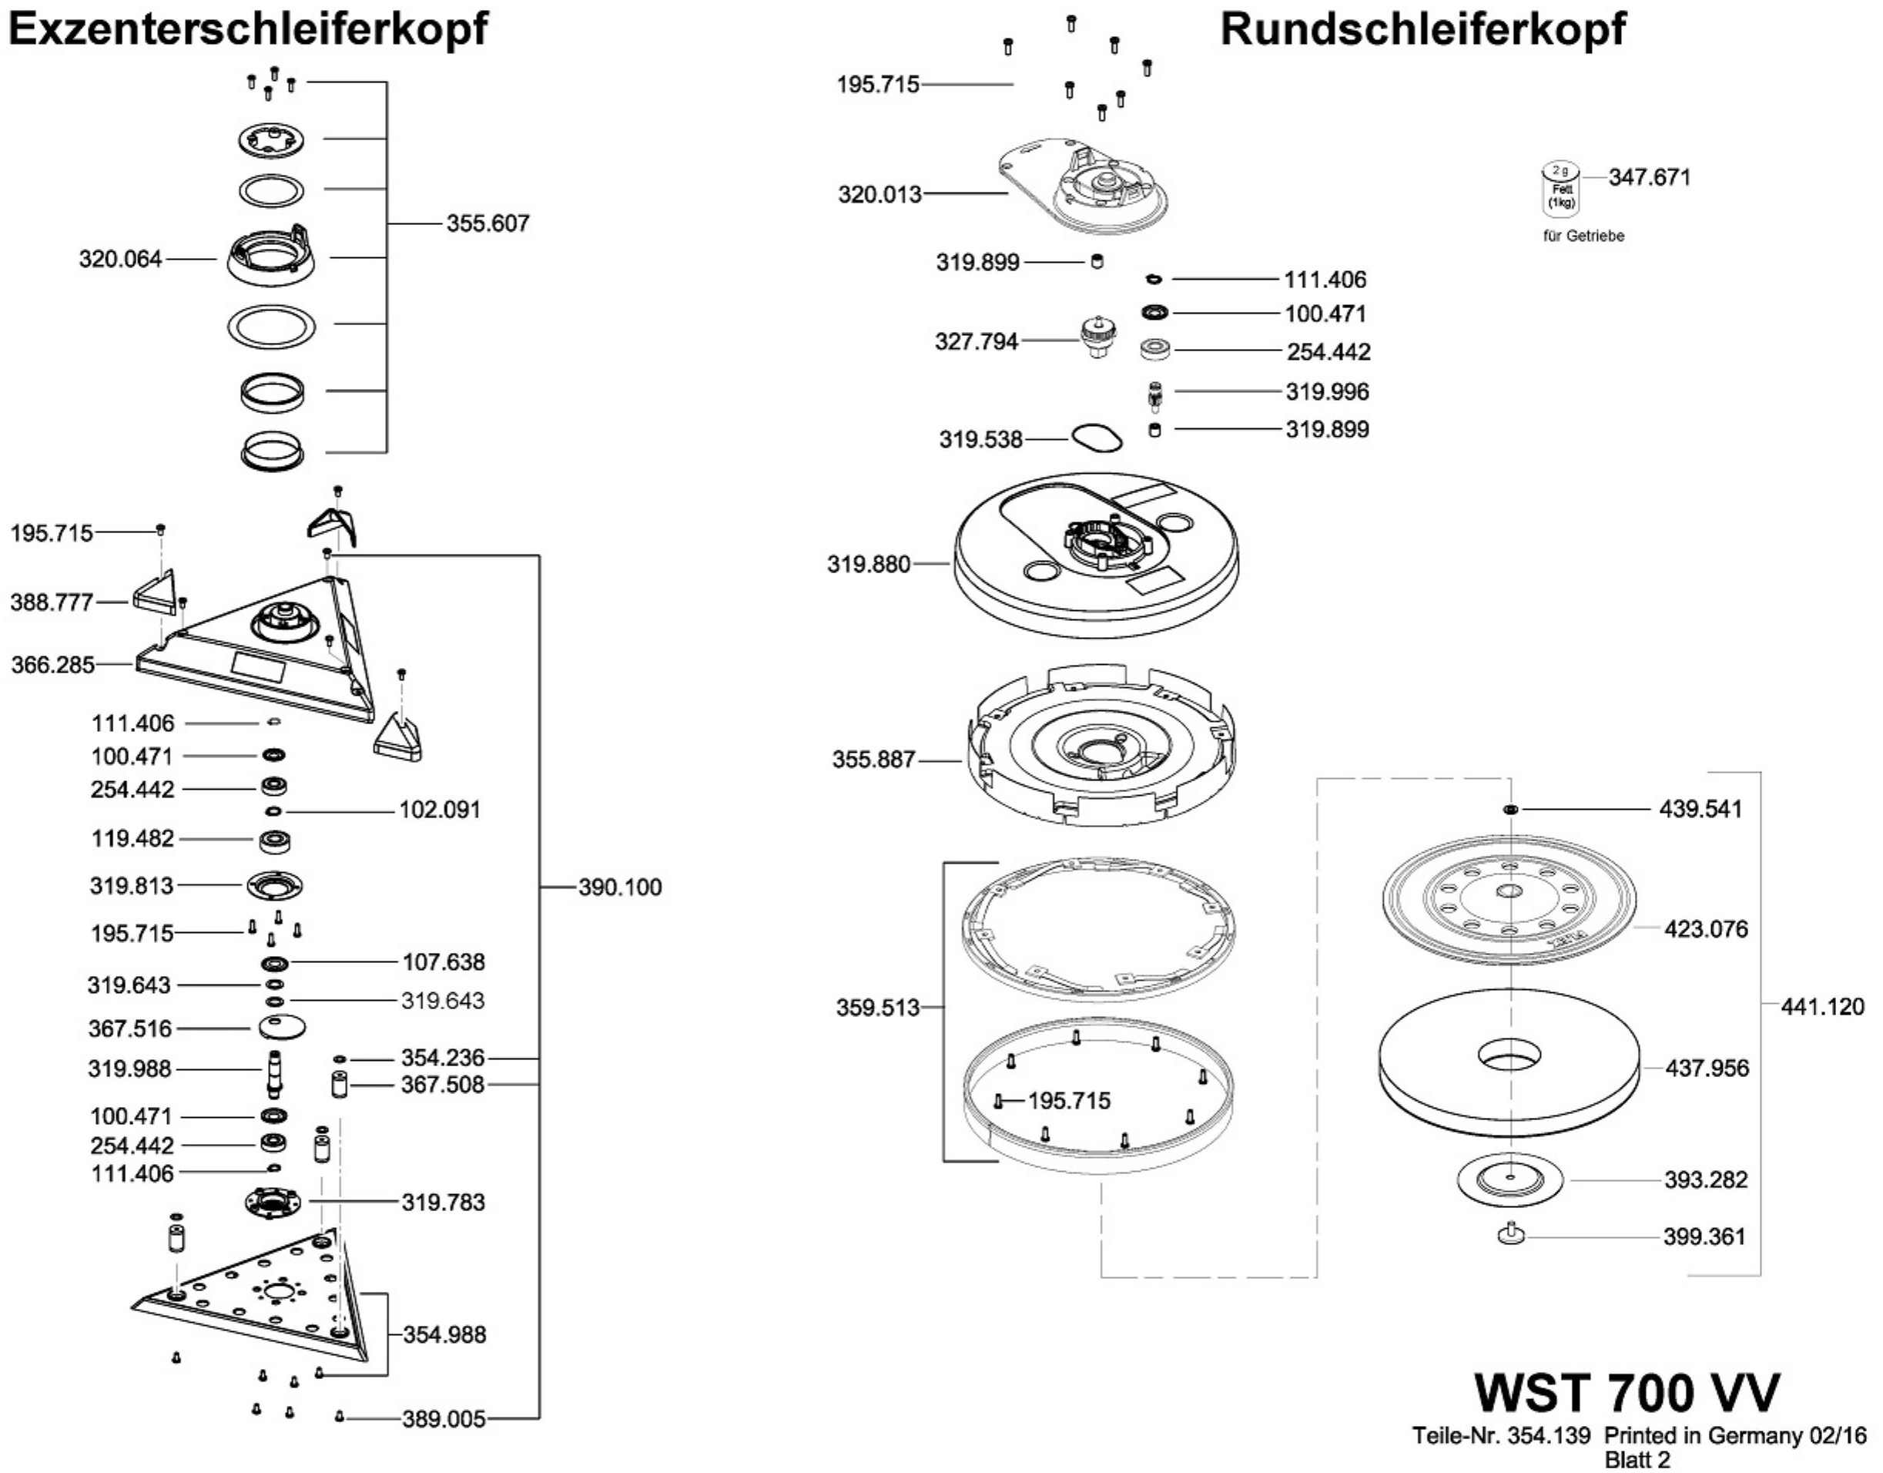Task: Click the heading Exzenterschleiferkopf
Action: click(x=246, y=29)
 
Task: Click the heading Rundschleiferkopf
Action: click(x=1422, y=29)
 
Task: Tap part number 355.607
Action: click(x=488, y=223)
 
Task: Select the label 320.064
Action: click(x=121, y=259)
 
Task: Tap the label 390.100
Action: click(x=620, y=887)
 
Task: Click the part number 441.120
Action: click(x=1823, y=1006)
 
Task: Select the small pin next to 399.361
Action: click(x=1511, y=1234)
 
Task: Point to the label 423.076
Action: click(x=1707, y=929)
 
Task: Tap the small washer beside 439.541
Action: click(x=1510, y=809)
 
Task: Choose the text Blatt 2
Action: click(x=1637, y=1459)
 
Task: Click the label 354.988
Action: click(x=445, y=1334)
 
